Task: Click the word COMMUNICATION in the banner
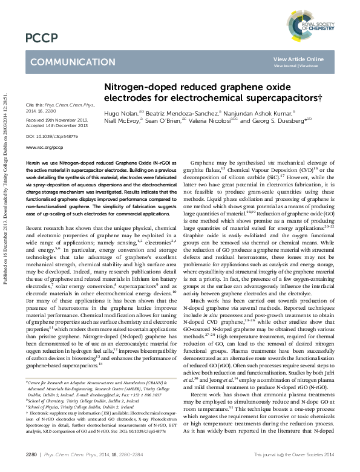coord(68,62)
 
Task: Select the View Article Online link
coord(299,59)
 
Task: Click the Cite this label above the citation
coord(35,105)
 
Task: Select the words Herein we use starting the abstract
coord(39,164)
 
